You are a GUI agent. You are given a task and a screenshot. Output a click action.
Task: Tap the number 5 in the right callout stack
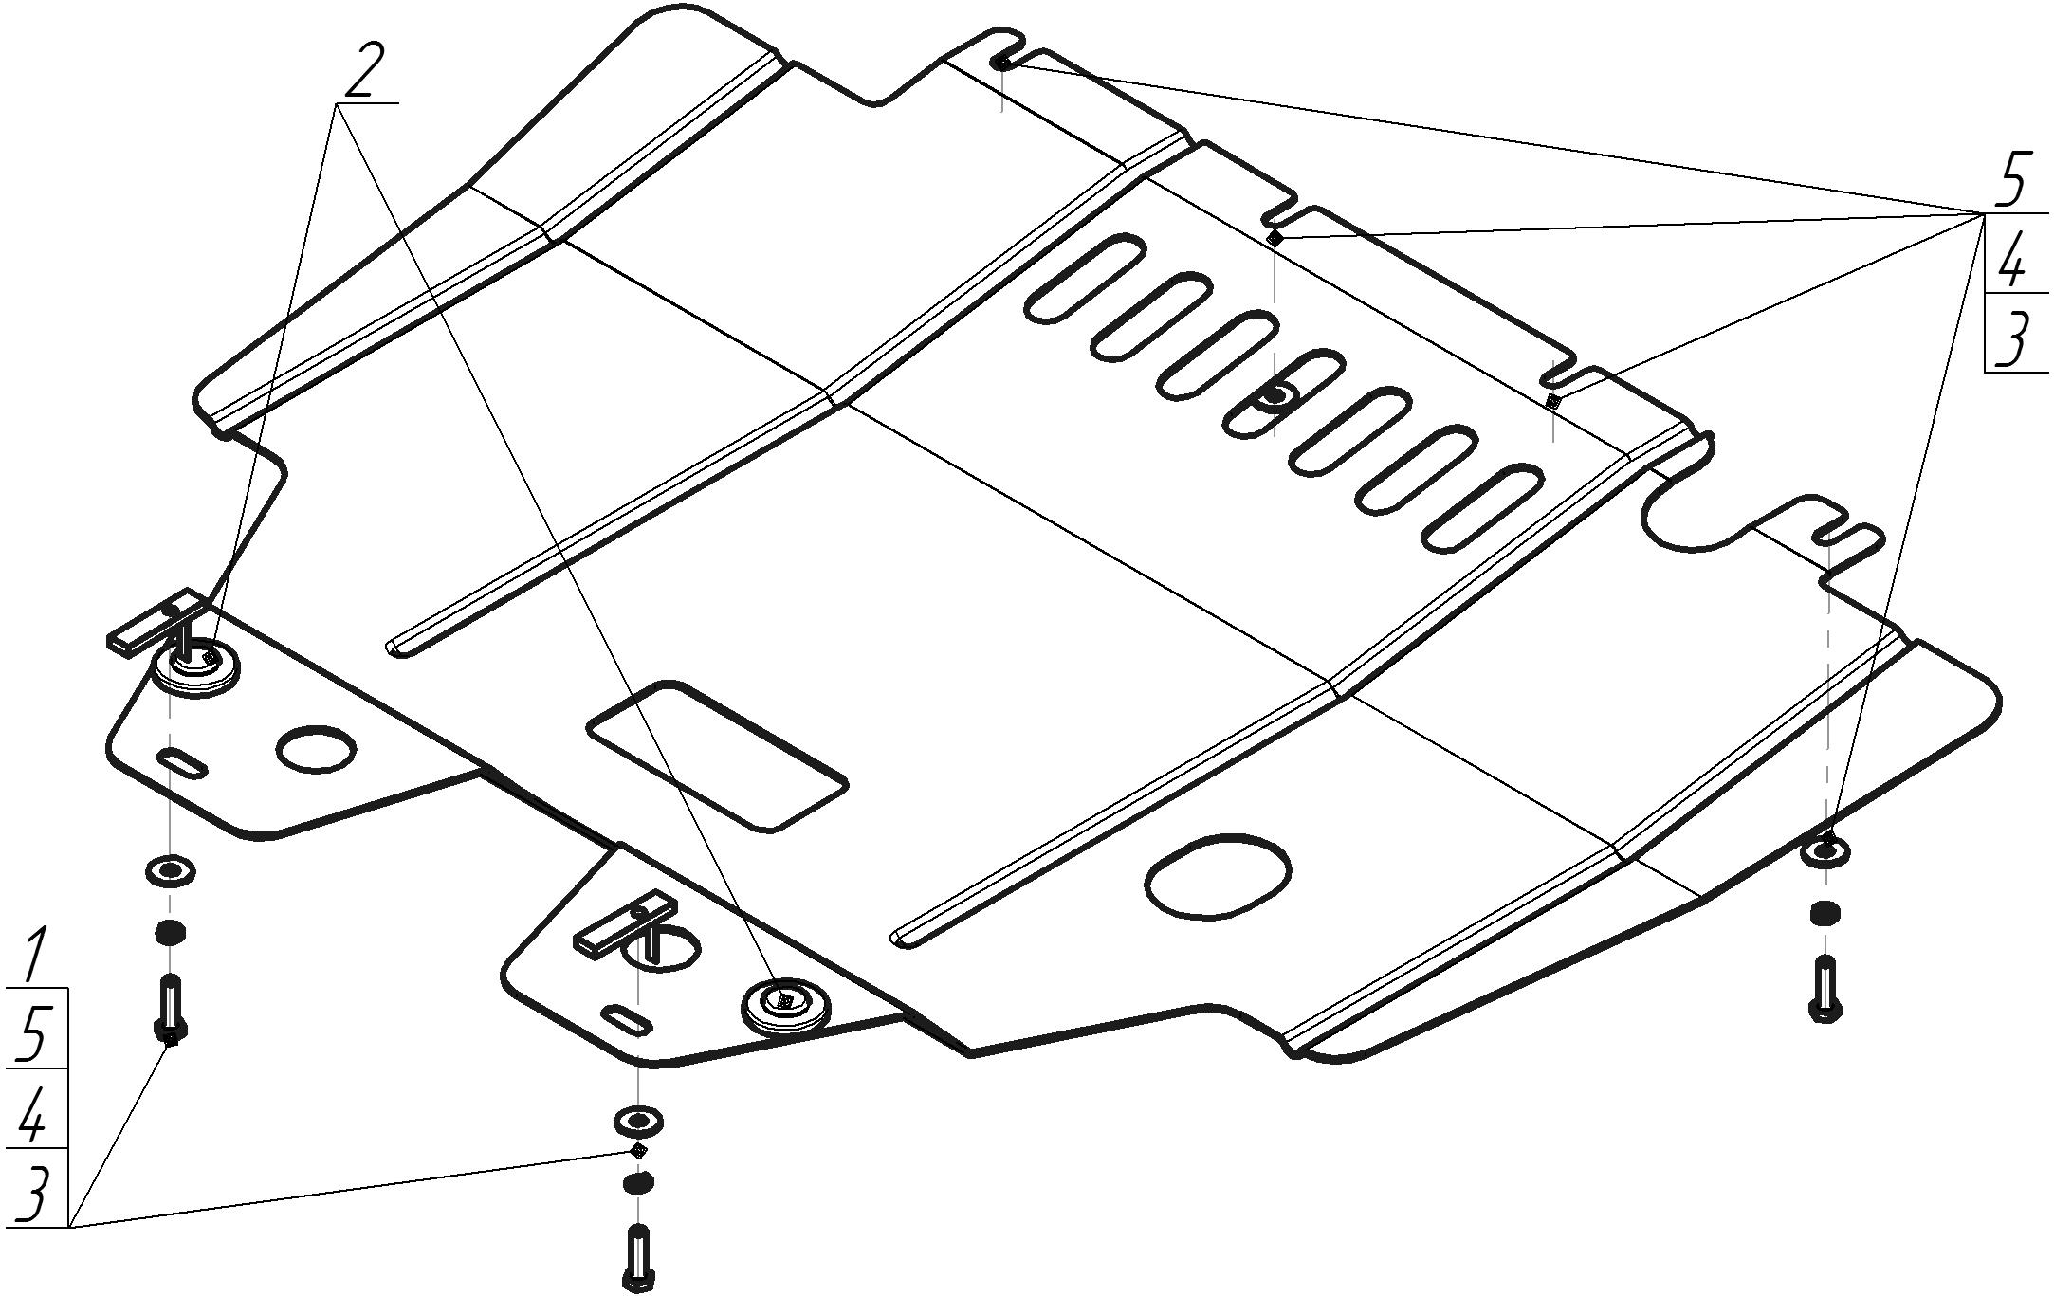[2008, 181]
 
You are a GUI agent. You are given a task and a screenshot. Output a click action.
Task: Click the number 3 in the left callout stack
[32, 1196]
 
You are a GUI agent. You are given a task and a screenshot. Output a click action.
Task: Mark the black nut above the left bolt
[170, 933]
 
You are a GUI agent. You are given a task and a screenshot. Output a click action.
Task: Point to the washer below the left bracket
[171, 870]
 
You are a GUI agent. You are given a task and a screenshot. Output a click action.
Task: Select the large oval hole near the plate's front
[1218, 878]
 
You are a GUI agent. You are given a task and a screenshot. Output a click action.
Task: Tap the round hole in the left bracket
[317, 748]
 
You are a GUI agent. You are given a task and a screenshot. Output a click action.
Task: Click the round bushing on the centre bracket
[785, 1007]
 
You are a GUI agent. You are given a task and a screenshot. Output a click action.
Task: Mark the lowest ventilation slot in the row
[1482, 508]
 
